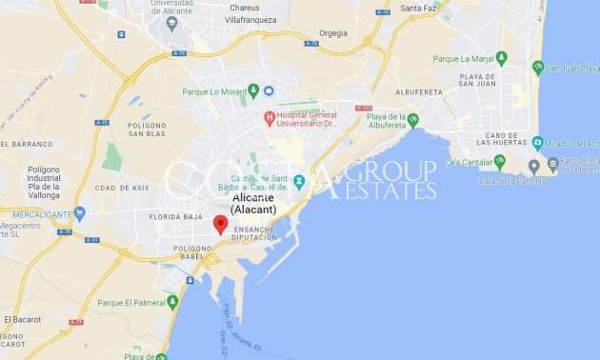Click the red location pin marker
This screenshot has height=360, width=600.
click(220, 224)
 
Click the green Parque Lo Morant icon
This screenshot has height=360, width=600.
click(253, 91)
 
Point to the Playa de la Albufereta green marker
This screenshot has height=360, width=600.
click(412, 120)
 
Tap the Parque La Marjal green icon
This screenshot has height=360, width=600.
click(501, 58)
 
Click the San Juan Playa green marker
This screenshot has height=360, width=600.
click(538, 68)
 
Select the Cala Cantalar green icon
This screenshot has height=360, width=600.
click(499, 162)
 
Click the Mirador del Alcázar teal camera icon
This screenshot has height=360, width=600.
click(537, 144)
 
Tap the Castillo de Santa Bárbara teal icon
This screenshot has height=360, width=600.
click(299, 181)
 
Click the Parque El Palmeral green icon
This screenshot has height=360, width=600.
click(172, 302)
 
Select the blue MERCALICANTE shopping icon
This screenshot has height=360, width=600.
click(79, 214)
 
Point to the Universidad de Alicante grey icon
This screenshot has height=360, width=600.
click(172, 25)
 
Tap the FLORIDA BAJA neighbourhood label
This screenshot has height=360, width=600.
click(176, 217)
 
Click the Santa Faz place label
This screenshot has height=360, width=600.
click(419, 9)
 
